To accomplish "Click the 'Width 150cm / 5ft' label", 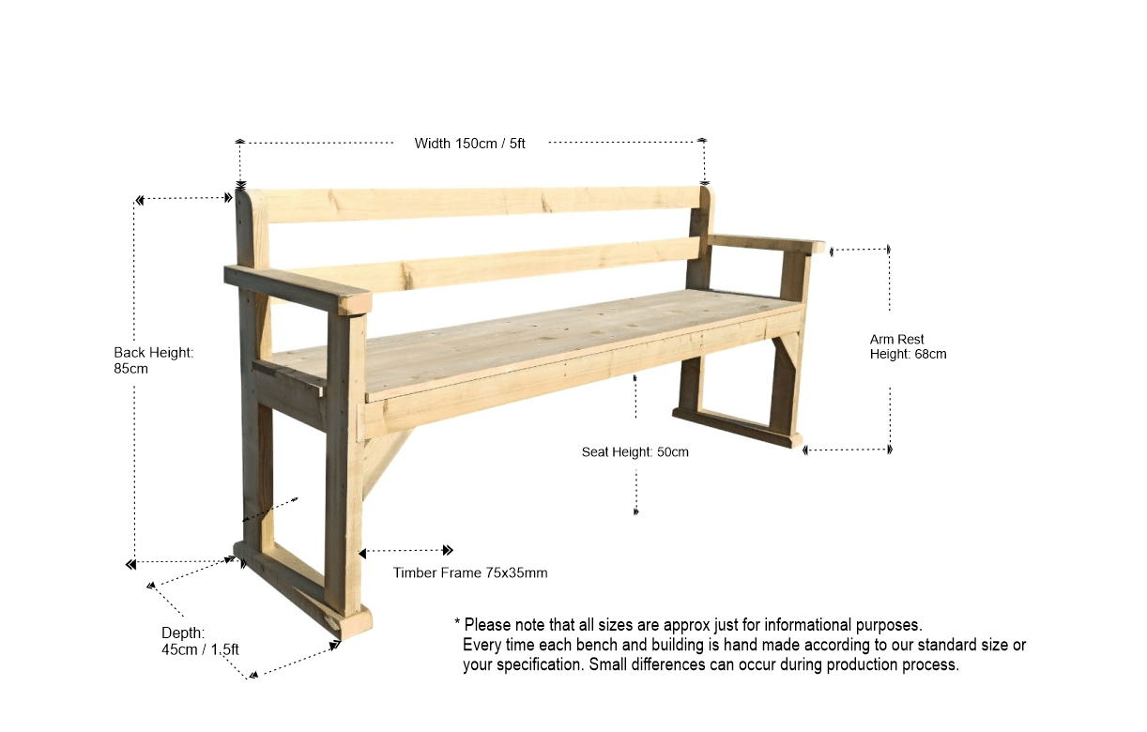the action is pos(469,144).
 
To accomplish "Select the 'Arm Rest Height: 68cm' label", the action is pos(908,346).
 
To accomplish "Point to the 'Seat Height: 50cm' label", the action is pos(635,452).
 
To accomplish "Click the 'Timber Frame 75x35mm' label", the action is pos(470,572).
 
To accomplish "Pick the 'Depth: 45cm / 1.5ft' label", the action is pos(200,641).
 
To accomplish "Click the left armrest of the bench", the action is pos(296,287).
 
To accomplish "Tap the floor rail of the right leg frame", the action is pos(737,428).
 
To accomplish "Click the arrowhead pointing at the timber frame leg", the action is pos(364,551).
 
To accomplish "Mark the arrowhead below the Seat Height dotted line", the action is pos(636,511).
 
